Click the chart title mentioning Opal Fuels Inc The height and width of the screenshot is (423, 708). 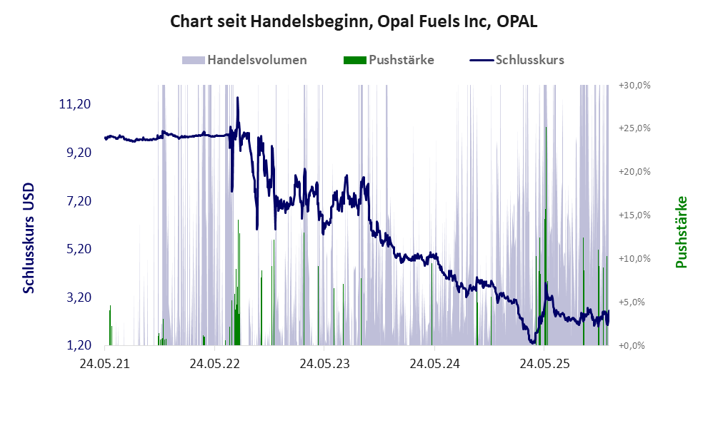tap(354, 21)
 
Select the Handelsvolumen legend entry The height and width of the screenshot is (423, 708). tap(245, 60)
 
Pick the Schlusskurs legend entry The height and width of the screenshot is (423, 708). tap(517, 60)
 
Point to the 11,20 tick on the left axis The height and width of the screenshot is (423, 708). tap(74, 104)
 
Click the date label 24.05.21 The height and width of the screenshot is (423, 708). tap(104, 364)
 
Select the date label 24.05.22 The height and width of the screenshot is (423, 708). tap(214, 364)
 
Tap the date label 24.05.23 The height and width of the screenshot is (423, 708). tap(324, 364)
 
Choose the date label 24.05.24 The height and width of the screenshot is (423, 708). tap(434, 364)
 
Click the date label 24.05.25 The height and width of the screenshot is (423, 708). tap(544, 364)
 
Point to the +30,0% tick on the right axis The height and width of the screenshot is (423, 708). tap(634, 85)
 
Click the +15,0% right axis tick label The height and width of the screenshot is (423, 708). tap(634, 215)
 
